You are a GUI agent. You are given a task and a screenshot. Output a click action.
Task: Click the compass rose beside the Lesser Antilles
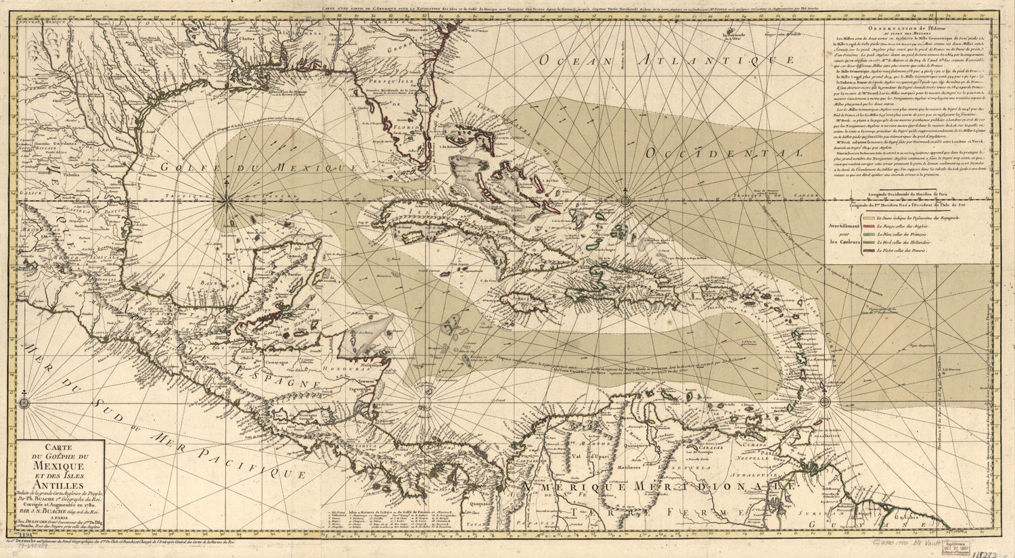tap(826, 402)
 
